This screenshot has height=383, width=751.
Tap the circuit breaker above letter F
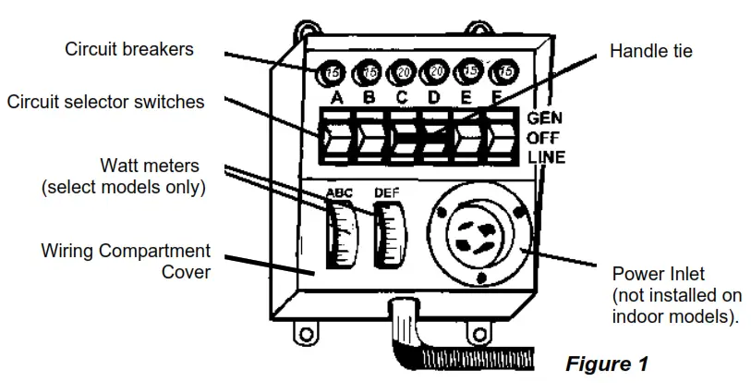tap(504, 71)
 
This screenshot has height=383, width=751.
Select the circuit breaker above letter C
tap(402, 71)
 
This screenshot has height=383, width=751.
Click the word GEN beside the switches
tap(544, 118)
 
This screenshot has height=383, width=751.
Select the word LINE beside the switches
tap(546, 157)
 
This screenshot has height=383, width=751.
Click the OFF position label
tap(543, 138)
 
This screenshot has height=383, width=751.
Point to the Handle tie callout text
tap(650, 51)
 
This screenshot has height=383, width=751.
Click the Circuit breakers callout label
tap(128, 49)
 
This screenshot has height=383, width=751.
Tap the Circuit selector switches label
tap(105, 102)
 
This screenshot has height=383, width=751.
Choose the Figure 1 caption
tap(606, 364)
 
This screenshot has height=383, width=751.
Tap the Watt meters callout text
tap(123, 177)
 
